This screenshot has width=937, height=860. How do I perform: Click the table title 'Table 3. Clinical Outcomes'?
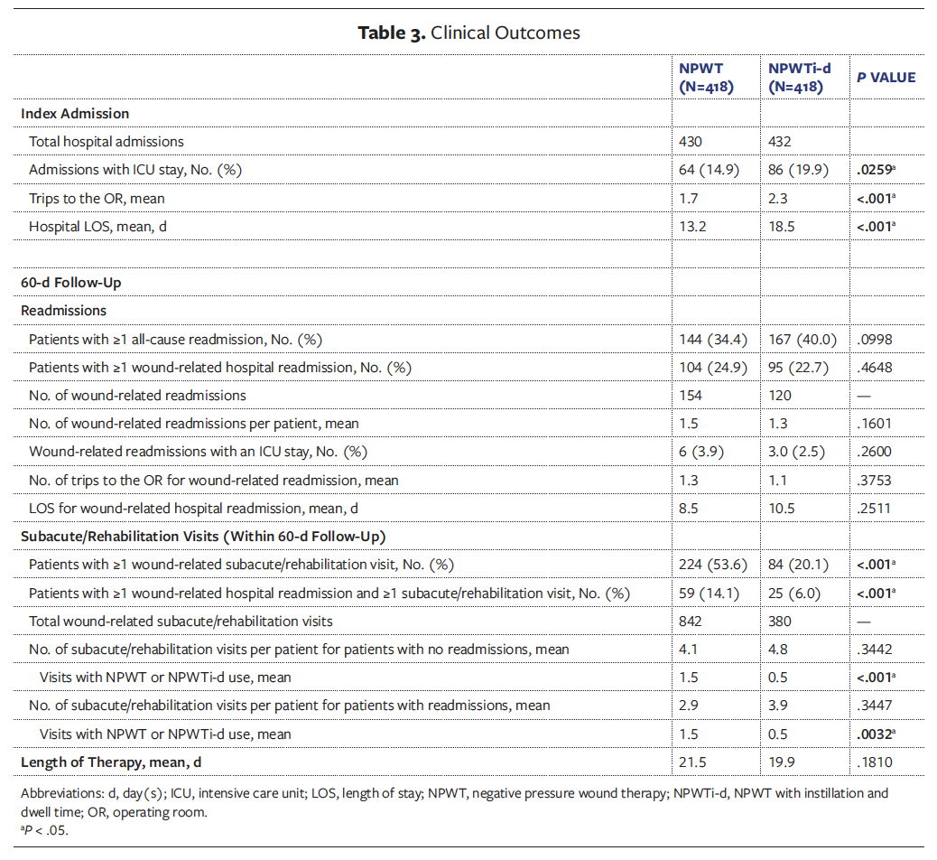(x=468, y=33)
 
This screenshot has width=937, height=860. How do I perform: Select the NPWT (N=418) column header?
(x=706, y=78)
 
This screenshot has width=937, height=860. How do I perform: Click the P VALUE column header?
(x=886, y=78)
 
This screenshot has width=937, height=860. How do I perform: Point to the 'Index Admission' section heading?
(x=75, y=114)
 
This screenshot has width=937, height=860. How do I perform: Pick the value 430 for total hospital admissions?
(x=691, y=142)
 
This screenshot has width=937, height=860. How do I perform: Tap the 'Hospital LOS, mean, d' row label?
(x=98, y=226)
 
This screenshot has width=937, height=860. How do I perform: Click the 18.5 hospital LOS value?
(x=781, y=226)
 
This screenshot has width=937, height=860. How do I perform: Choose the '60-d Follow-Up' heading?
(x=70, y=283)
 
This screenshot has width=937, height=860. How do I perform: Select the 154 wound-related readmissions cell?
(x=691, y=396)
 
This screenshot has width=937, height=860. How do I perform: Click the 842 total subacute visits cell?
(x=691, y=622)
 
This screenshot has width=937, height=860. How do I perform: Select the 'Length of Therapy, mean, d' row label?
(x=111, y=762)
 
